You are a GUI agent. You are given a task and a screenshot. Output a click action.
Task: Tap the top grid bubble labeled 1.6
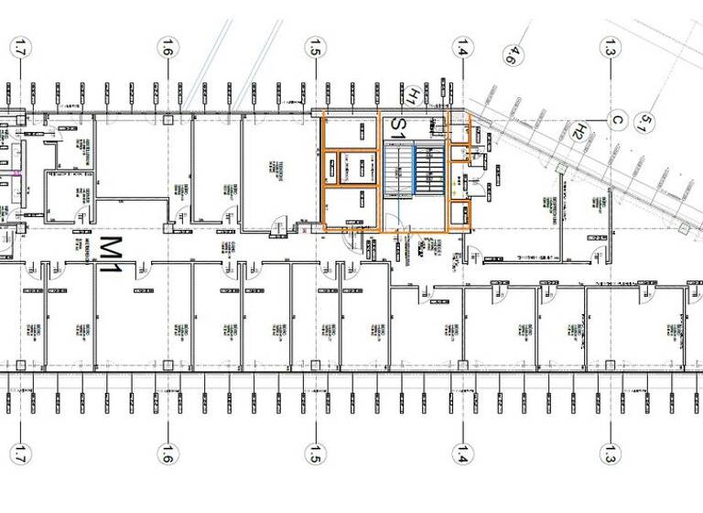(x=167, y=46)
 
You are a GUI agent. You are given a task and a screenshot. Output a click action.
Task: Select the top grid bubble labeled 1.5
(x=316, y=46)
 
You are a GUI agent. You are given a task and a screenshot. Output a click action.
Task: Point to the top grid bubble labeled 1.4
(x=463, y=46)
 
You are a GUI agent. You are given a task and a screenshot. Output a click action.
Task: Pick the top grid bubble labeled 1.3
(x=611, y=46)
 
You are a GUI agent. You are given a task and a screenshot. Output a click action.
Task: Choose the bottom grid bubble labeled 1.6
(x=167, y=453)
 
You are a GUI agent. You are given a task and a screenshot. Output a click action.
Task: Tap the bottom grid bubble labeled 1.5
(x=316, y=453)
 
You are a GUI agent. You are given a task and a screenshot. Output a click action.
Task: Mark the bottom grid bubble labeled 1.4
(x=463, y=453)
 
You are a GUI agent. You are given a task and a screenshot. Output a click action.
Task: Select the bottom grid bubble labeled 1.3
(x=611, y=453)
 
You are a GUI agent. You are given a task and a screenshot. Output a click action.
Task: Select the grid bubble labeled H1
(x=413, y=94)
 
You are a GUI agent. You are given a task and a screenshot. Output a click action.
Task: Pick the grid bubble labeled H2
(x=578, y=132)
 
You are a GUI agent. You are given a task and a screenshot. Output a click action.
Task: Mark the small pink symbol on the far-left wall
(x=16, y=170)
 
